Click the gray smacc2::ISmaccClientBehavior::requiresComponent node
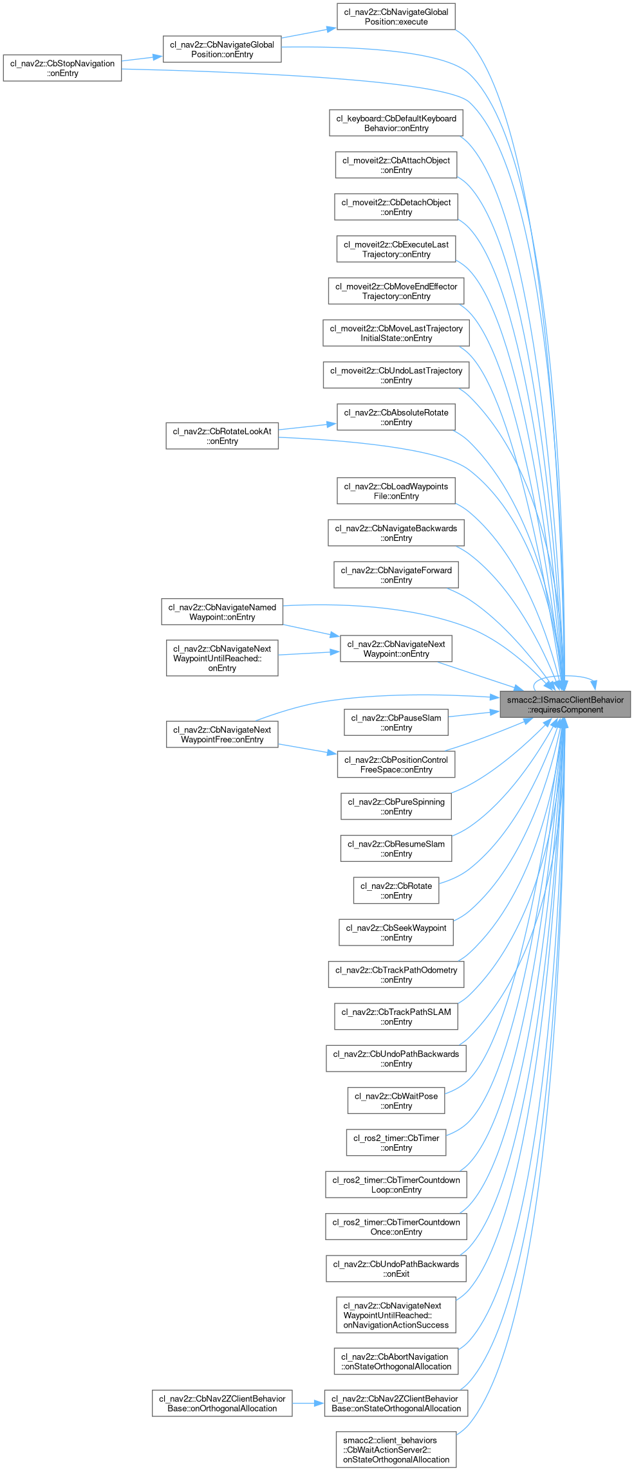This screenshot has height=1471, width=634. [x=565, y=704]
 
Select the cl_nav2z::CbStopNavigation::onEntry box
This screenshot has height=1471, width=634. [x=62, y=68]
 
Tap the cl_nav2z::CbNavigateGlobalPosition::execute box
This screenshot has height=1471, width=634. [x=396, y=17]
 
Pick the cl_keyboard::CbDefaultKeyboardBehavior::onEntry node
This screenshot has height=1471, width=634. [x=396, y=123]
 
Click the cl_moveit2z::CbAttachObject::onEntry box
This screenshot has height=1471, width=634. [x=396, y=165]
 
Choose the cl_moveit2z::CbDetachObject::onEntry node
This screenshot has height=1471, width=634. [x=396, y=207]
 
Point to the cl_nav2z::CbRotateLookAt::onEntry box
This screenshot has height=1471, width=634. [x=222, y=436]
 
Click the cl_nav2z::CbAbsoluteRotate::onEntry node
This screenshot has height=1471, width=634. [x=396, y=417]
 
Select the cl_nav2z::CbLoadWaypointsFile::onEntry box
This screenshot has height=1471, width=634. [x=396, y=491]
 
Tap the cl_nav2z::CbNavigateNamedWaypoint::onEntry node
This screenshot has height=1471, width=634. [x=222, y=612]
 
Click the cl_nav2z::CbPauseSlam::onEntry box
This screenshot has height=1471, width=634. [x=396, y=723]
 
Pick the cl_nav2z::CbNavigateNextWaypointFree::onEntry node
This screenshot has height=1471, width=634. [x=222, y=735]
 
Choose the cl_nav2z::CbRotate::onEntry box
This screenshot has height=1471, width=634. [x=396, y=891]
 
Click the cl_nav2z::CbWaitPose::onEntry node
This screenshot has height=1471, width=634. [x=396, y=1101]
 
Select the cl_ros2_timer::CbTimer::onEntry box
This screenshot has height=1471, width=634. [x=396, y=1143]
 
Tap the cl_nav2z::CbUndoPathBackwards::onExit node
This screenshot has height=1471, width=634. [x=396, y=1269]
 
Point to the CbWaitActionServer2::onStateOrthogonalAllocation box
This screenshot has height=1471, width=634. [x=396, y=1450]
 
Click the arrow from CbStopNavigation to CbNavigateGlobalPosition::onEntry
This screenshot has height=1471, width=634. [x=142, y=59]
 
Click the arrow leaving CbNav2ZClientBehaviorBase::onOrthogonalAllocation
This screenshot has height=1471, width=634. [x=308, y=1403]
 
